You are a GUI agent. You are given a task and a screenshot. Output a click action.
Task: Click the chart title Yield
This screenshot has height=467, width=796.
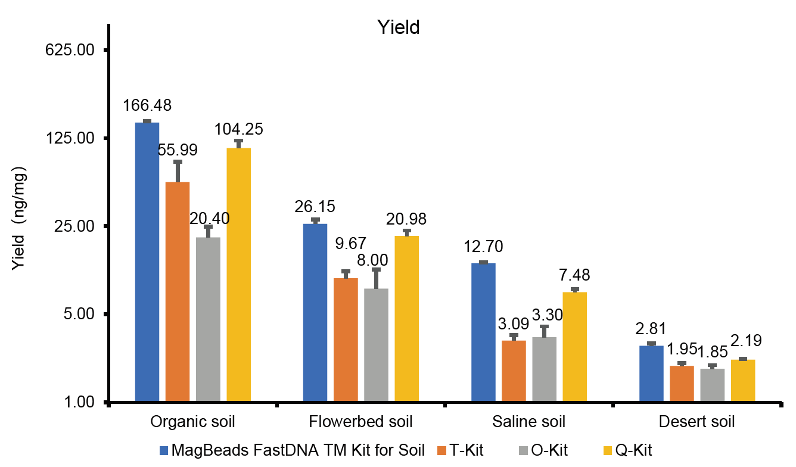tap(399, 27)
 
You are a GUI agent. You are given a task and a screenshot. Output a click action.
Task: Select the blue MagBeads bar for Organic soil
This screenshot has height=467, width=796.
tap(147, 262)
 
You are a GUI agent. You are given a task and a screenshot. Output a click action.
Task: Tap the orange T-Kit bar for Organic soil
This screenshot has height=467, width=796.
tap(178, 292)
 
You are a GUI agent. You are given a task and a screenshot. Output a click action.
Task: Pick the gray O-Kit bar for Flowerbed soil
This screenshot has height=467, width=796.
tap(376, 345)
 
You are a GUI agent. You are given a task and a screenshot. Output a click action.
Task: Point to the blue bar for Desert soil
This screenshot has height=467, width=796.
tap(651, 373)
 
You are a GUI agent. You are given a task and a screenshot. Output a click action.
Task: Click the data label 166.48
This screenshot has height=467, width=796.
tap(147, 105)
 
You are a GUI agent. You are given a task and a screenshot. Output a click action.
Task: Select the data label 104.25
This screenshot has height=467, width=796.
tap(239, 129)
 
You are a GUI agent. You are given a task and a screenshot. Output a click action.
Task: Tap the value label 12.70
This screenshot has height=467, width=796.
tap(484, 246)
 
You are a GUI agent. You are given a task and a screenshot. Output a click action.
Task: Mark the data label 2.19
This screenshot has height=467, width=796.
tap(742, 342)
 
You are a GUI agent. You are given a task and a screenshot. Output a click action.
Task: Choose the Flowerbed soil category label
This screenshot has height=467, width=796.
tap(361, 422)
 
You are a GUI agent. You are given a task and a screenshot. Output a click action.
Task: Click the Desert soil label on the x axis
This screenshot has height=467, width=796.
tap(697, 422)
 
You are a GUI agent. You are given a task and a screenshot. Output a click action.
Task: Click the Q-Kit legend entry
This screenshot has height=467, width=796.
tap(640, 450)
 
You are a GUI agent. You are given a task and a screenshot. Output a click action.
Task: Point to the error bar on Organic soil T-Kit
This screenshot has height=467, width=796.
tap(178, 172)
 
